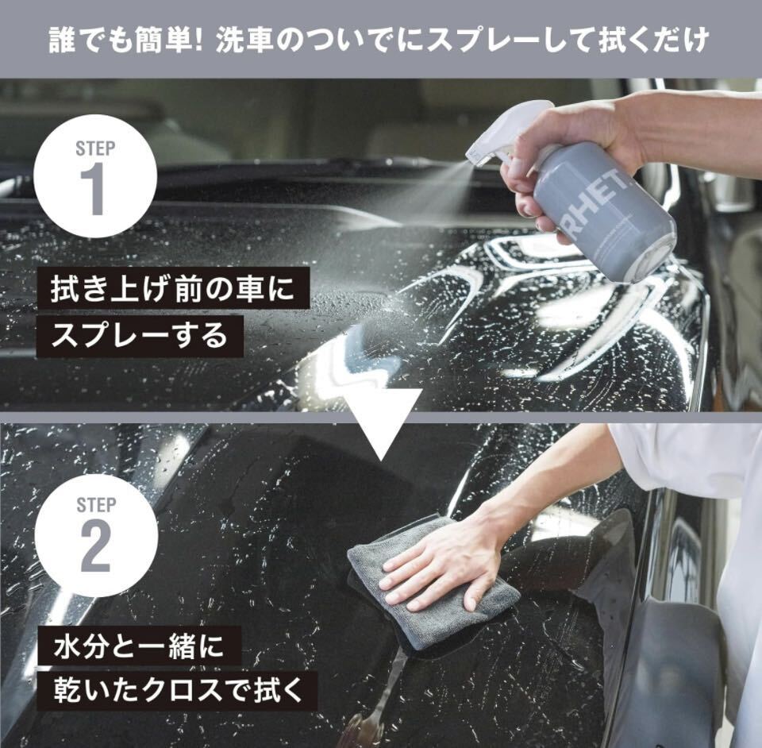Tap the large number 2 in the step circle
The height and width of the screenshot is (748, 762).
(95, 547)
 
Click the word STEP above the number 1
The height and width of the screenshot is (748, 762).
(95, 148)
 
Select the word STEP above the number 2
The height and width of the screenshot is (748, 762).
(96, 505)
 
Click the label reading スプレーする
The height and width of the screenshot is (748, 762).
(140, 337)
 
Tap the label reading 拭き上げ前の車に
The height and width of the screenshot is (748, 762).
(173, 288)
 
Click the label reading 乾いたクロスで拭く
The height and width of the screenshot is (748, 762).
(178, 692)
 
